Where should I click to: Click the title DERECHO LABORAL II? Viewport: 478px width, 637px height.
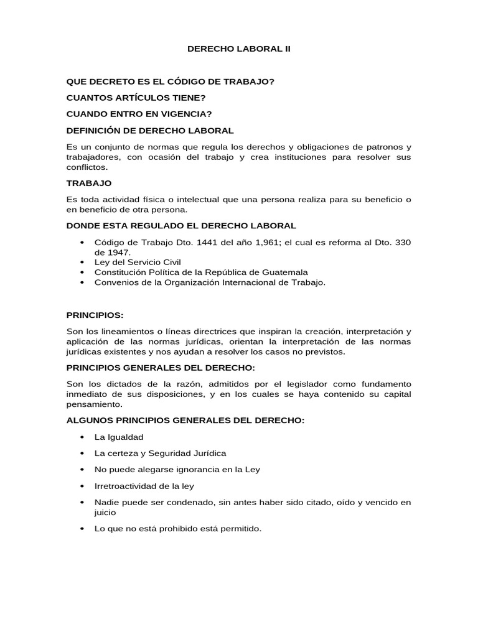239,48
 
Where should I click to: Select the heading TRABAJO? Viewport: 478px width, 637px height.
88,183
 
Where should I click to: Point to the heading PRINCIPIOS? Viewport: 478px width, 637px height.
98,315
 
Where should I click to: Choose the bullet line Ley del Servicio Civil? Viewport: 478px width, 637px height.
138,263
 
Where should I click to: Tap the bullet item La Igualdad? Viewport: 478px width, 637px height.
119,437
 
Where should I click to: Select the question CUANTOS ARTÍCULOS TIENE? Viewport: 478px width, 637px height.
136,98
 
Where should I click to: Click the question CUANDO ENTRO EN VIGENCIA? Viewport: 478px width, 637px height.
139,114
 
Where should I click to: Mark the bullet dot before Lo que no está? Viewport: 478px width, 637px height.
82,529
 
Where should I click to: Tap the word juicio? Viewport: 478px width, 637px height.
105,513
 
